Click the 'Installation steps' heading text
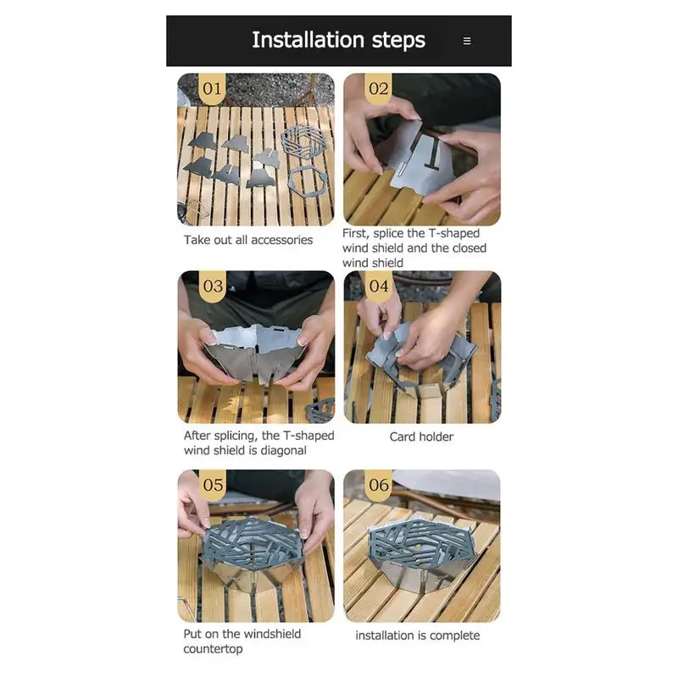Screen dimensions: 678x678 (x=338, y=40)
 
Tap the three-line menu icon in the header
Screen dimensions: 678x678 (x=467, y=41)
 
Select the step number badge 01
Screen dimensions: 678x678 (x=212, y=89)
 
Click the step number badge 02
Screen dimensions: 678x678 (x=378, y=89)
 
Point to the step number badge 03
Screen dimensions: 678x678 (x=213, y=286)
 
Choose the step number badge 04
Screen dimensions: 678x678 (x=379, y=286)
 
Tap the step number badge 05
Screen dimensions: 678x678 (x=213, y=485)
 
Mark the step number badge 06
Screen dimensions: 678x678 (x=379, y=485)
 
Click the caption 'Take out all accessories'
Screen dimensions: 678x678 (x=248, y=240)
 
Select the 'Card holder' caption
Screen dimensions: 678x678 (x=421, y=436)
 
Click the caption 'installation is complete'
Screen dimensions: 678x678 (x=418, y=636)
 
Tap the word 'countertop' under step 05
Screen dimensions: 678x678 (x=213, y=649)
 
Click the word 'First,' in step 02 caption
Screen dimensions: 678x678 (x=356, y=234)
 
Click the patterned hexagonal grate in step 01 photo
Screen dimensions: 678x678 (x=303, y=142)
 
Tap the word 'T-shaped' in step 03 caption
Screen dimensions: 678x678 (x=308, y=436)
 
